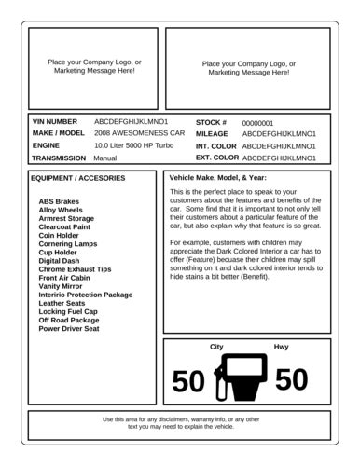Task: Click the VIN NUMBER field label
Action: [x=55, y=122]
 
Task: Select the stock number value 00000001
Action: [x=257, y=123]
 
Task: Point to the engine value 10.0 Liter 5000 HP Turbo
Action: [x=134, y=146]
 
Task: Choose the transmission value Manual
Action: [x=105, y=158]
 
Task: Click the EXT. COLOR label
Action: [x=217, y=158]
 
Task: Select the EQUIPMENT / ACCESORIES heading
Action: [x=78, y=177]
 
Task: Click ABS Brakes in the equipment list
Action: [x=59, y=201]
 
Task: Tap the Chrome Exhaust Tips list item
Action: [x=75, y=269]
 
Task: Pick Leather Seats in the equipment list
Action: [x=62, y=303]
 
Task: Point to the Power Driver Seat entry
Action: [x=69, y=329]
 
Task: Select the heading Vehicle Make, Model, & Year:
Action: [x=218, y=177]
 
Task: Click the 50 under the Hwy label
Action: [x=292, y=380]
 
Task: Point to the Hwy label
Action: [x=281, y=347]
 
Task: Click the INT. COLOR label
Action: [x=216, y=146]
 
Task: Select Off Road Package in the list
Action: [x=69, y=320]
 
